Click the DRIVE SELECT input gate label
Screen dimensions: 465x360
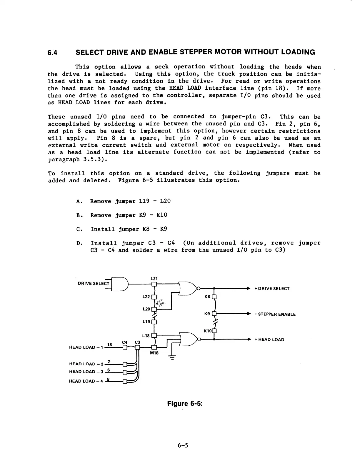(x=93, y=284)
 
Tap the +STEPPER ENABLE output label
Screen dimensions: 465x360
(x=275, y=314)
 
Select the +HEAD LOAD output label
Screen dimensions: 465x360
(x=269, y=339)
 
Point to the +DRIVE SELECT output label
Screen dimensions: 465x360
(x=272, y=289)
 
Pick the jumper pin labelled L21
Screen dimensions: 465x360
(x=154, y=284)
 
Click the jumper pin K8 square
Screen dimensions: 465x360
(x=214, y=297)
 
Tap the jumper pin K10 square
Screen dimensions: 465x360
(x=214, y=331)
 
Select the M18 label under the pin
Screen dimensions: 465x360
(x=154, y=353)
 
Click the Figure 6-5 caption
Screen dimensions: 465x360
(x=185, y=404)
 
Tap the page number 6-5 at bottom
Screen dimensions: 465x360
(x=183, y=445)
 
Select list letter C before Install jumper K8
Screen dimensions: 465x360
(x=78, y=229)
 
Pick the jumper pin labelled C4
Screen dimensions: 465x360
(x=125, y=347)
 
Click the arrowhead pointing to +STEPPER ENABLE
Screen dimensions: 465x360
(x=249, y=314)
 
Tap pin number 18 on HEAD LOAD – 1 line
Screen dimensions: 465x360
(x=109, y=344)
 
